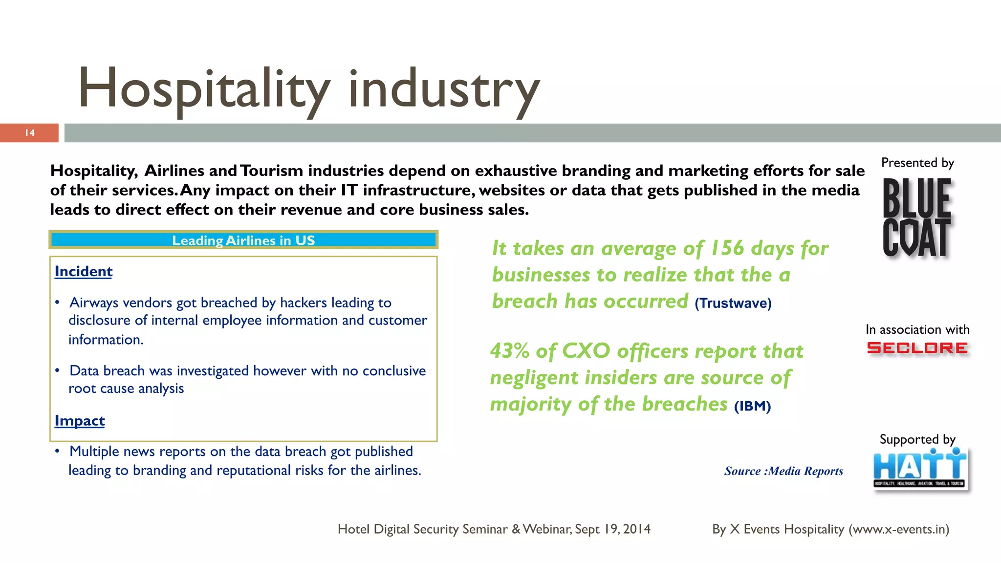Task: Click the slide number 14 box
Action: tap(29, 133)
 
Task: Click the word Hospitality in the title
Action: tap(203, 89)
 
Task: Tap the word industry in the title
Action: tap(444, 89)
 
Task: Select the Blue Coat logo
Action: tap(917, 217)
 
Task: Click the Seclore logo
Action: tap(917, 348)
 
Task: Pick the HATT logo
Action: tap(920, 468)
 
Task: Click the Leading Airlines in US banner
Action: tap(243, 240)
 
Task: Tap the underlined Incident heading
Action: tap(84, 271)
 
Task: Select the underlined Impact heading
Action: tap(80, 421)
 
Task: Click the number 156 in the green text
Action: tap(727, 248)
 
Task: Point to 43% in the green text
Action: tap(509, 351)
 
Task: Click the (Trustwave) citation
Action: tap(733, 303)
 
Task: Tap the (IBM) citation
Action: tap(752, 406)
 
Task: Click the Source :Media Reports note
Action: tap(783, 471)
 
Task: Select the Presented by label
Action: tap(917, 163)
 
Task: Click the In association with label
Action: tap(917, 329)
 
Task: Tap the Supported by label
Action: tap(917, 439)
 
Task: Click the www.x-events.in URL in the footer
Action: tap(898, 529)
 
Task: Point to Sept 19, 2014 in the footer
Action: tap(612, 529)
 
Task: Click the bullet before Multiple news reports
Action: tap(58, 451)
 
